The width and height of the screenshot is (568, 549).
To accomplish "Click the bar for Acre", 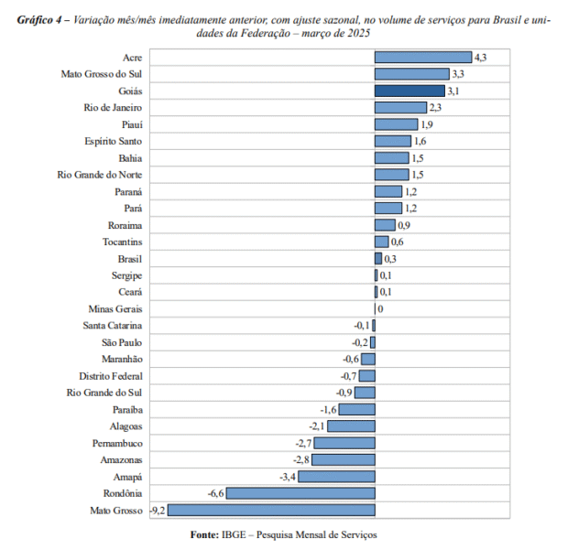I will tap(422, 58).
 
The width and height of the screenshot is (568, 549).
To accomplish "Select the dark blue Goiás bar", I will tap(410, 91).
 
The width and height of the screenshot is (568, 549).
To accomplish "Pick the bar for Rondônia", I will tap(300, 493).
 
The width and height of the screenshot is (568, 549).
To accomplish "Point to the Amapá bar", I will tap(336, 477).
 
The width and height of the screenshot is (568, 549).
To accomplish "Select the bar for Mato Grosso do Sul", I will tap(411, 74).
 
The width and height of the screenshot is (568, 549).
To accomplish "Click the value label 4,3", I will tap(480, 58).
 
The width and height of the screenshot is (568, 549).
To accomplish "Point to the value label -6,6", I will tap(216, 493).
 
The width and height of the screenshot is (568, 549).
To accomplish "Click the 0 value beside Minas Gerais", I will tap(379, 309).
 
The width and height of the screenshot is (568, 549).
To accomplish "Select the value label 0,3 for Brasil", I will tap(389, 259).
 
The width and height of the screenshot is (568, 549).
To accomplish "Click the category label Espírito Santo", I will tap(114, 142).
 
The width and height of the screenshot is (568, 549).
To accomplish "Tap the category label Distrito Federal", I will tap(110, 376).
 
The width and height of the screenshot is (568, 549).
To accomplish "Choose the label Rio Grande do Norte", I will tap(99, 175).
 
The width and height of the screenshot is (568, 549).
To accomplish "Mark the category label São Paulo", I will tap(122, 342).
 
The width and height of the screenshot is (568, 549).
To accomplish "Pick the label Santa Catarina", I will tap(112, 326).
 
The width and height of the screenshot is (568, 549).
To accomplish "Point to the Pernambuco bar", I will tap(344, 443).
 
